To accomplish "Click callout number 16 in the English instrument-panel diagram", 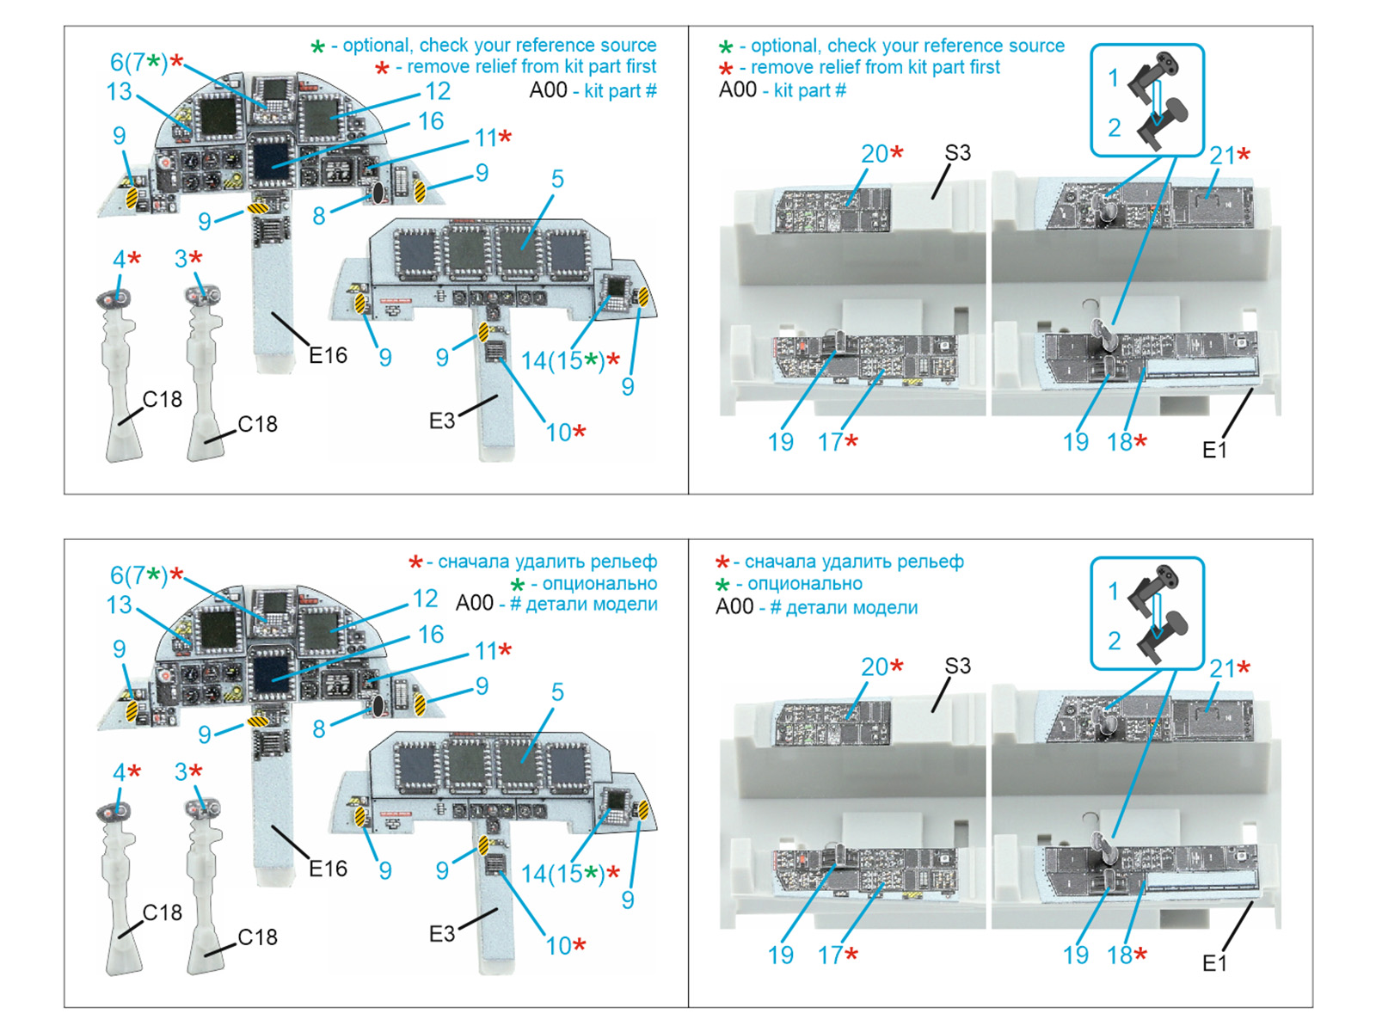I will tap(431, 121).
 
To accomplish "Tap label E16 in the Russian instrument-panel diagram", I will tap(328, 869).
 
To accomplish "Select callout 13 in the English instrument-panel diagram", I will tap(119, 91).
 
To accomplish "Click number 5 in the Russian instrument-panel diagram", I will tap(557, 692).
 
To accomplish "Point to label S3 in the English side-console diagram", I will tap(957, 153).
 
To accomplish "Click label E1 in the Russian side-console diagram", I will tap(1214, 963).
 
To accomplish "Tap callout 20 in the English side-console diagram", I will tap(875, 154).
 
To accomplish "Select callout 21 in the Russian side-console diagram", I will tap(1222, 668).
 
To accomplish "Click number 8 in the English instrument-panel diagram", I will tap(319, 216).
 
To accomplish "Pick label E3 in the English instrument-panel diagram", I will tap(441, 421).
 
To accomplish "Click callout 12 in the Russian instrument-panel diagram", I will tap(425, 599).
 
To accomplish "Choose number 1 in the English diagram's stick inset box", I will tap(1113, 77).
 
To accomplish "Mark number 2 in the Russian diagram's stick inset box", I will tap(1114, 641).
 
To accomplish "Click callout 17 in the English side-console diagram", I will tap(830, 442).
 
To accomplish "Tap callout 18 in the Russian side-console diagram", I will tap(1119, 955).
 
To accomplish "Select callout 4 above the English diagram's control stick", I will tap(119, 259).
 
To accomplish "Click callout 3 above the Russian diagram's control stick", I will tap(181, 772).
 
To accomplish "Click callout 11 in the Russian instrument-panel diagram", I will tap(486, 652).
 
